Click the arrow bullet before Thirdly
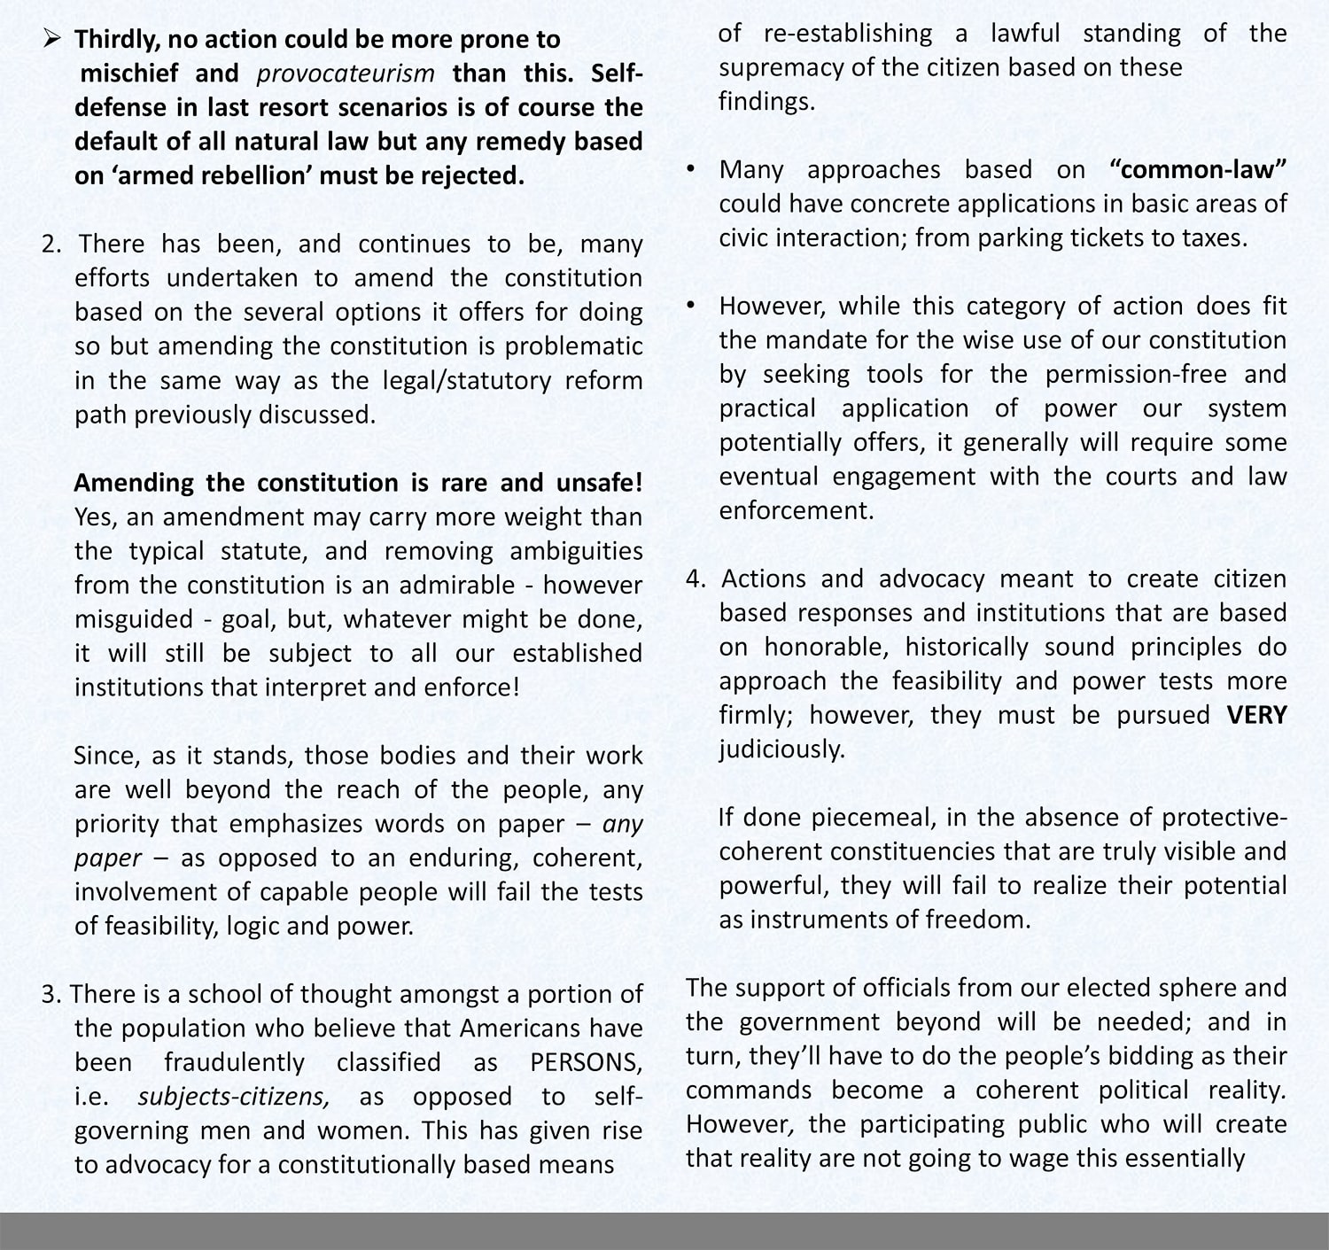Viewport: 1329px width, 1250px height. (52, 39)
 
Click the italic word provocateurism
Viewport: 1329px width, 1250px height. (346, 74)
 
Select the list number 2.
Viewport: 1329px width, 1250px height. (51, 245)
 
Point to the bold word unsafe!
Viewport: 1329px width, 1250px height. (599, 483)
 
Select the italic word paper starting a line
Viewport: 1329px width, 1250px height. (107, 858)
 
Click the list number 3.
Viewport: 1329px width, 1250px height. (51, 995)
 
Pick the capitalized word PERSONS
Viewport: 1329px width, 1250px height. (586, 1063)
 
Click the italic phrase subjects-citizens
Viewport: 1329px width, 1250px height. (234, 1097)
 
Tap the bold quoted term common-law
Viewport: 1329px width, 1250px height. (1198, 170)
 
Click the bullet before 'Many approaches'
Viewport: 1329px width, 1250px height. (691, 168)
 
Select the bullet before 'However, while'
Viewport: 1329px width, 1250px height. (691, 305)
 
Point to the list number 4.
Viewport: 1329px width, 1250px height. (696, 579)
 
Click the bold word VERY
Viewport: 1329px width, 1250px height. (1256, 716)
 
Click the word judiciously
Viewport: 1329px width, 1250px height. (781, 750)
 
